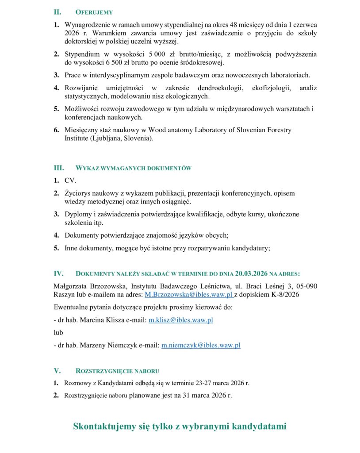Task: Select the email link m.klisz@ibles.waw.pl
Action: click(x=180, y=320)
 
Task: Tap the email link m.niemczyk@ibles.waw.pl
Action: click(x=201, y=345)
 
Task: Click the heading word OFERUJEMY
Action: click(x=94, y=12)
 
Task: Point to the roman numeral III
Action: click(x=59, y=168)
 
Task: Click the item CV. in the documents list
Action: click(x=70, y=180)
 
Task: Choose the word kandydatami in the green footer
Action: click(x=261, y=426)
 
